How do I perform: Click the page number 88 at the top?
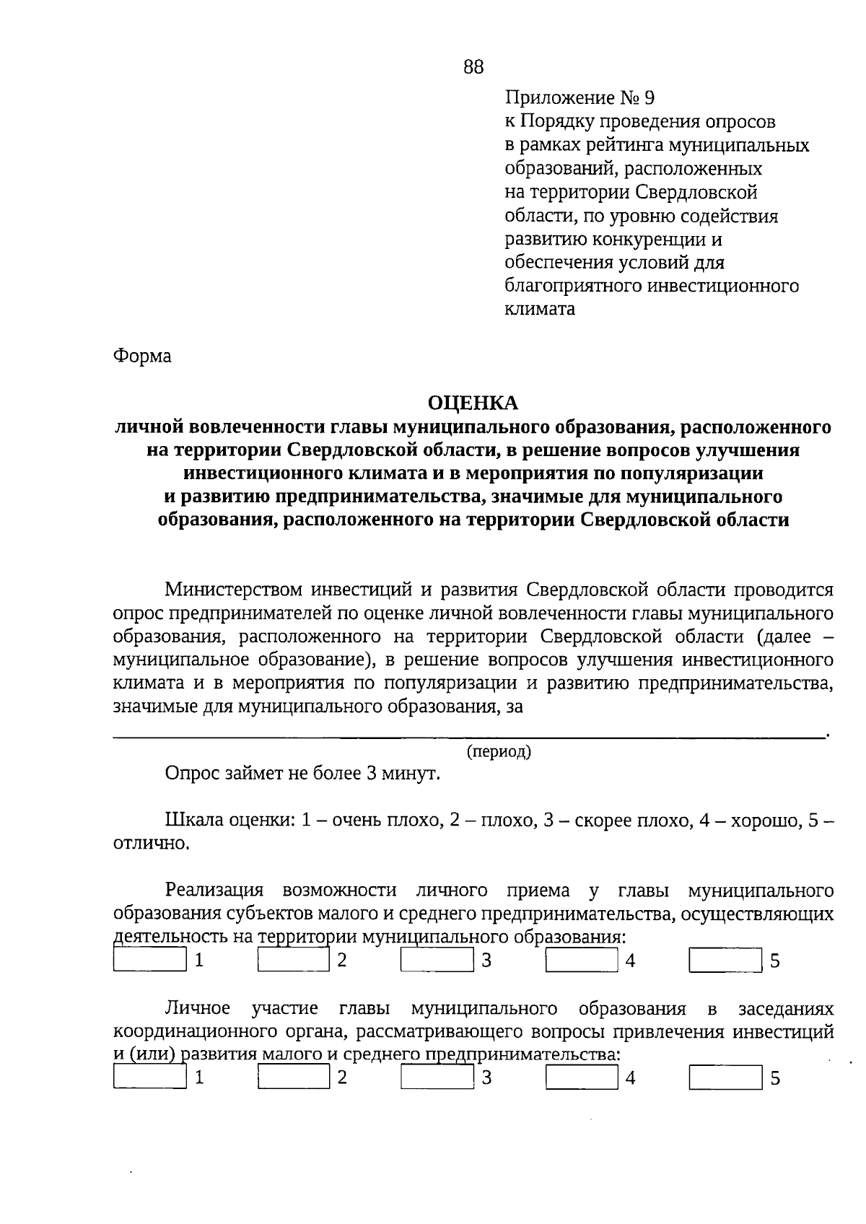tap(473, 67)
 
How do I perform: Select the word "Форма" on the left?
tap(142, 357)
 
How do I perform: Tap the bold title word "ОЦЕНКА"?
tap(473, 403)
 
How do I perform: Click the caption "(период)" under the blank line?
tap(499, 751)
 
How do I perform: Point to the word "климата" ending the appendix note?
tap(540, 310)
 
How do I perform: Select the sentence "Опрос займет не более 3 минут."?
tap(302, 774)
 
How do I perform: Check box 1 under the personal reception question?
tap(150, 961)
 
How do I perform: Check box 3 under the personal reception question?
tap(437, 961)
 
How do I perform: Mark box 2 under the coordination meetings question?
tap(294, 1077)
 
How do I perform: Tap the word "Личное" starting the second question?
tap(198, 1008)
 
